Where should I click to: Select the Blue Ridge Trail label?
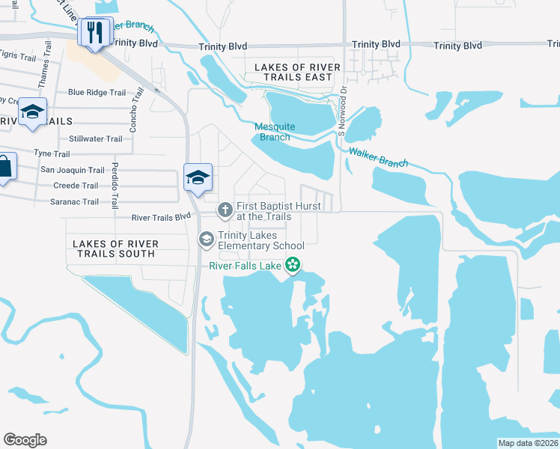[x=97, y=93]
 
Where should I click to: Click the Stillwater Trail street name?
[x=95, y=139]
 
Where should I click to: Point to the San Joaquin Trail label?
[x=72, y=171]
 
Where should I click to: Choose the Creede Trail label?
[x=76, y=186]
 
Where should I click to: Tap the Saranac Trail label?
[x=75, y=202]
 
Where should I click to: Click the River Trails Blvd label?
[x=162, y=218]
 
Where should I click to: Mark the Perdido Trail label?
[x=115, y=185]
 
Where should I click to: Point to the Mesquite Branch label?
[x=275, y=132]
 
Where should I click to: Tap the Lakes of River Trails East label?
[x=297, y=73]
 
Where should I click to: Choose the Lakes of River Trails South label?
[x=115, y=249]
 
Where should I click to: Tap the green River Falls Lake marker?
[x=294, y=264]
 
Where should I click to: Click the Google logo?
[x=25, y=440]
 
